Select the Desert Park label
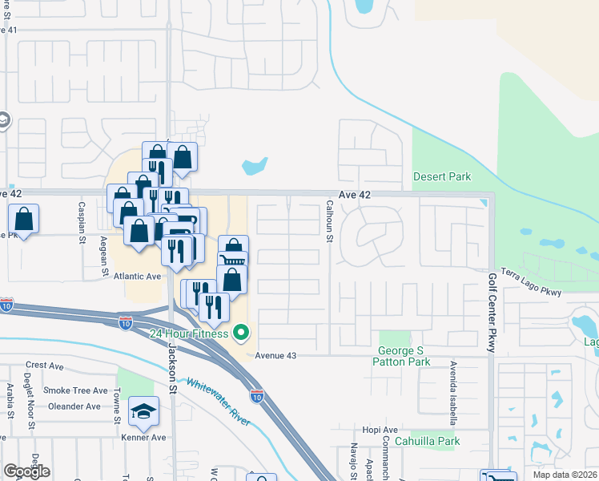(x=442, y=176)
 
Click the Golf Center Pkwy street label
(x=492, y=313)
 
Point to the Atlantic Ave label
(x=138, y=276)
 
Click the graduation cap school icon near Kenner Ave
(x=143, y=412)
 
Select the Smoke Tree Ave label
(x=75, y=390)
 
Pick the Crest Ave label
(x=44, y=366)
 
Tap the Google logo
(x=26, y=472)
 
